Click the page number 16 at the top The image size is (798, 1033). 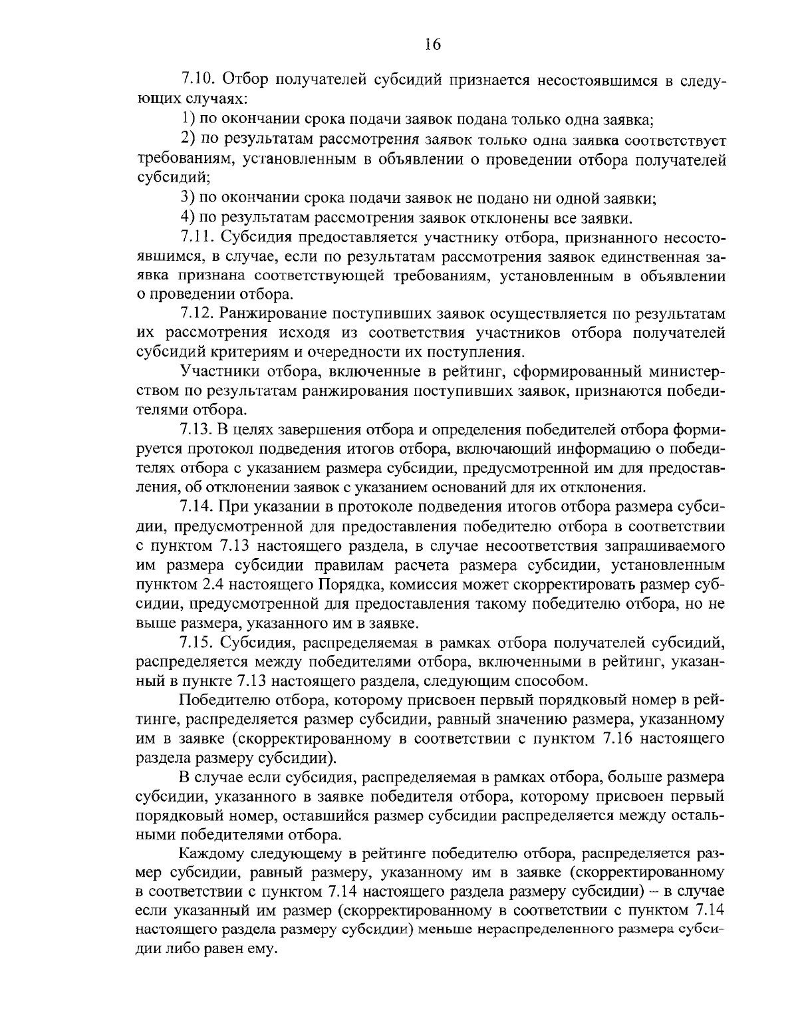[x=432, y=45]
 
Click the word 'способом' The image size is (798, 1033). [x=555, y=681]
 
